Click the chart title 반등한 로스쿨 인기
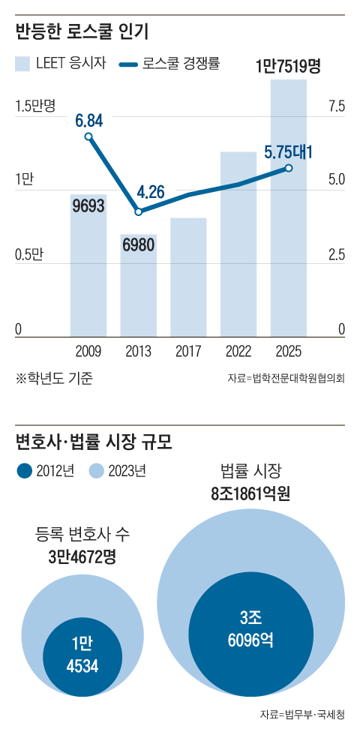tap(82, 32)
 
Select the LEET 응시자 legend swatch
tap(22, 64)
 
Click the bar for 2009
tap(88, 270)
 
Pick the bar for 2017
tap(188, 277)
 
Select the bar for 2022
tap(238, 247)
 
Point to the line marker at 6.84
tap(88, 136)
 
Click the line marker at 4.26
tap(139, 212)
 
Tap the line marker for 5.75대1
tap(289, 168)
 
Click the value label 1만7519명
tap(288, 66)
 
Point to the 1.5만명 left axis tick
tap(37, 106)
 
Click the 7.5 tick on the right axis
tap(335, 106)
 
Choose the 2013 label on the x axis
tap(139, 351)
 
